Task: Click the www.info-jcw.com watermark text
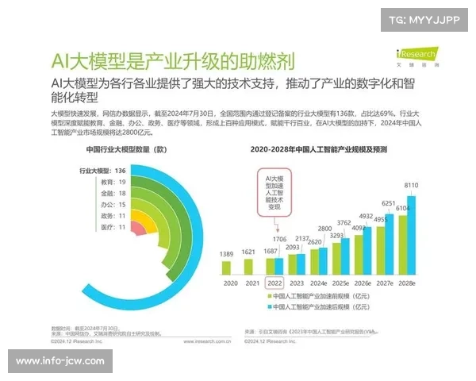point(61,361)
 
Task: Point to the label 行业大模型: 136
point(102,171)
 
